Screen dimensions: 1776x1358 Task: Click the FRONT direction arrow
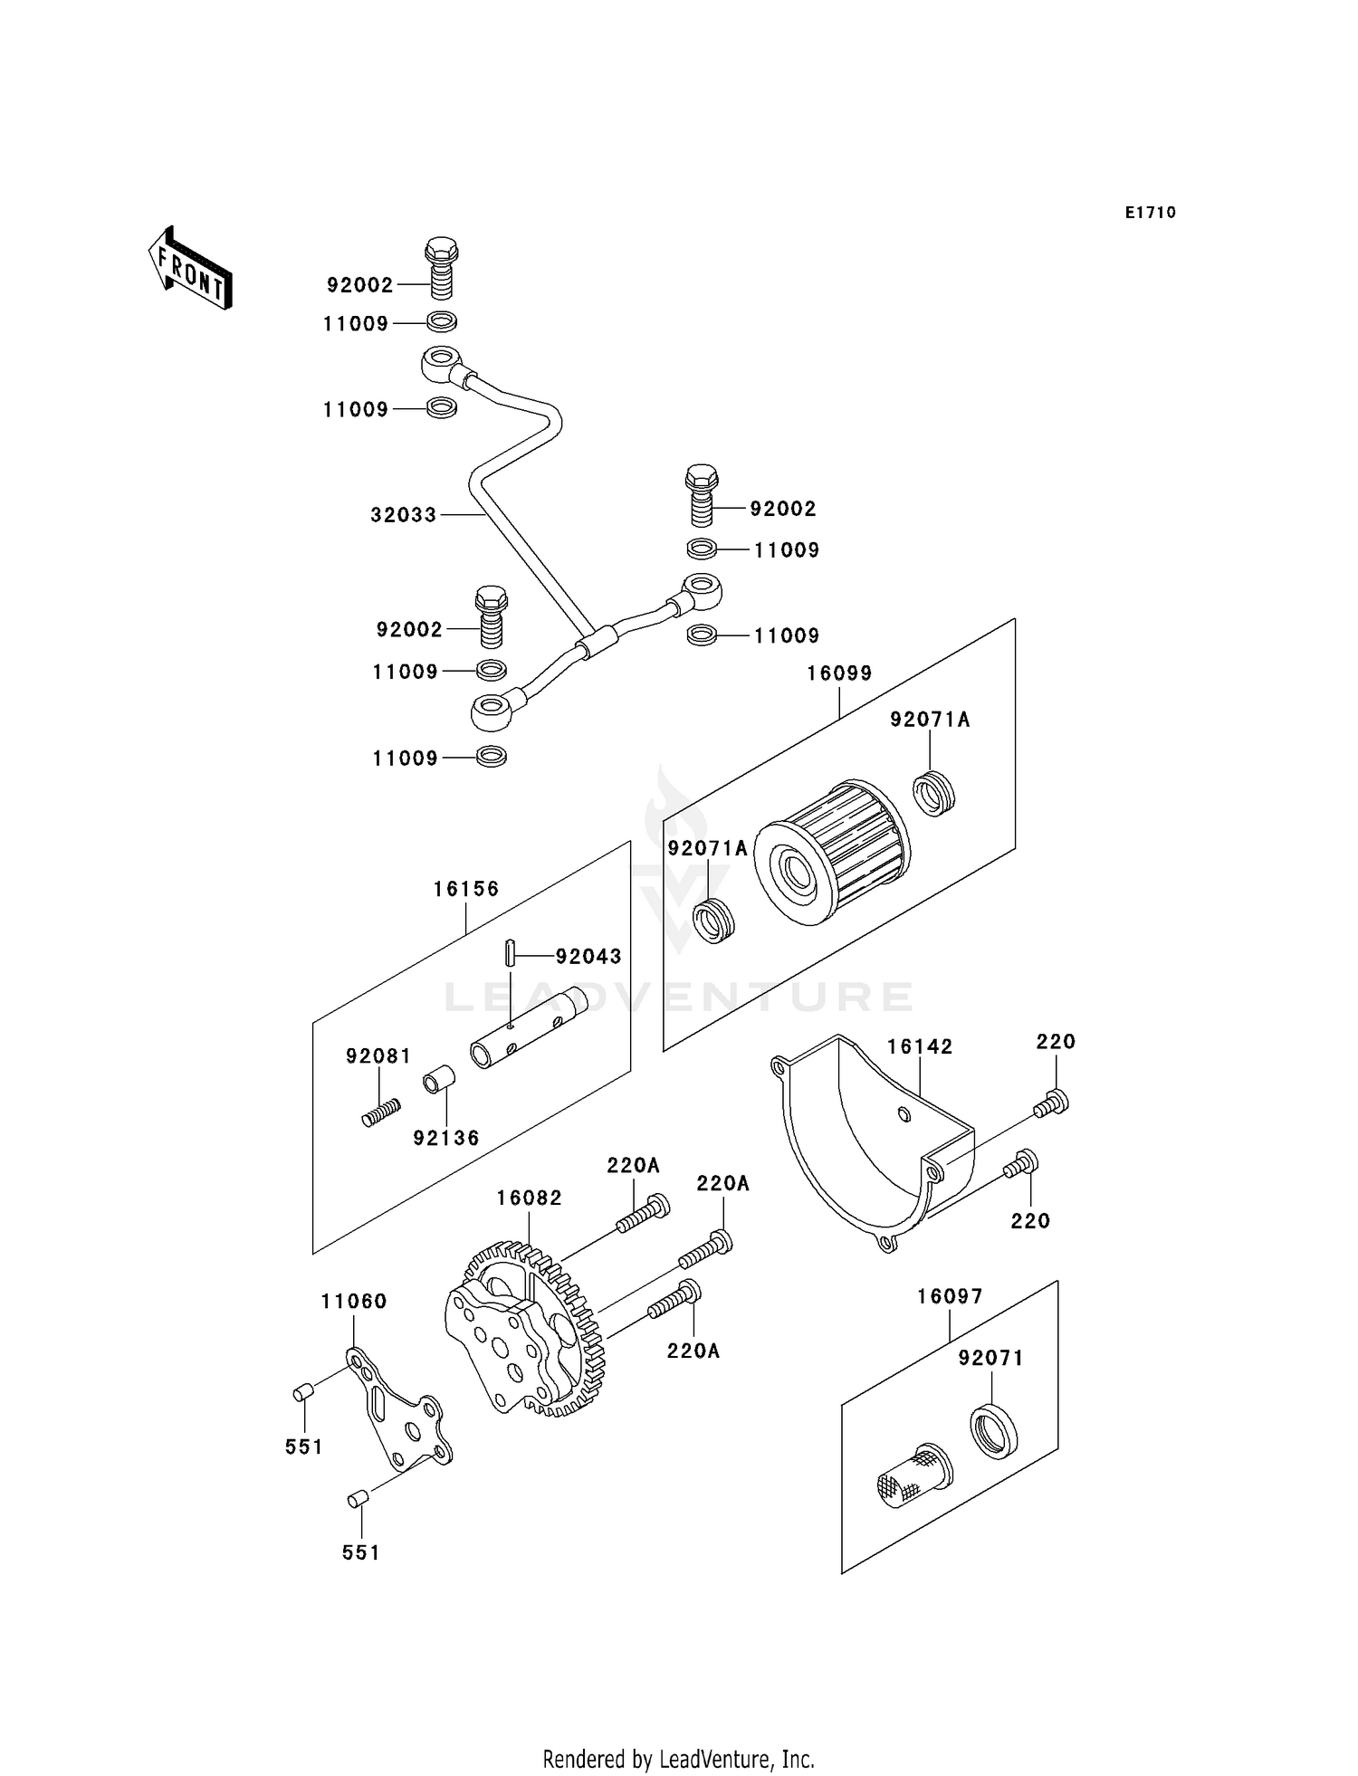[190, 268]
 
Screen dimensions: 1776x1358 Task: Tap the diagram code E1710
[1150, 213]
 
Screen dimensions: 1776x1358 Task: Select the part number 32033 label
[403, 515]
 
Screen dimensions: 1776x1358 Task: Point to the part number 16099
[839, 673]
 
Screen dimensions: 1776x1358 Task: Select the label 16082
[529, 1198]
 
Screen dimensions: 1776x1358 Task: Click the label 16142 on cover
[919, 1047]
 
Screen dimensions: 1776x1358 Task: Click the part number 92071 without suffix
[990, 1359]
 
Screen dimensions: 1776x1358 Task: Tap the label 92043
[588, 957]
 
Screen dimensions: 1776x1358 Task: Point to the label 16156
[465, 889]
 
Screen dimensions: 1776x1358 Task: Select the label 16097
[949, 1297]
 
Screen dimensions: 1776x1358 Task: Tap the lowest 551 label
[360, 1553]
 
